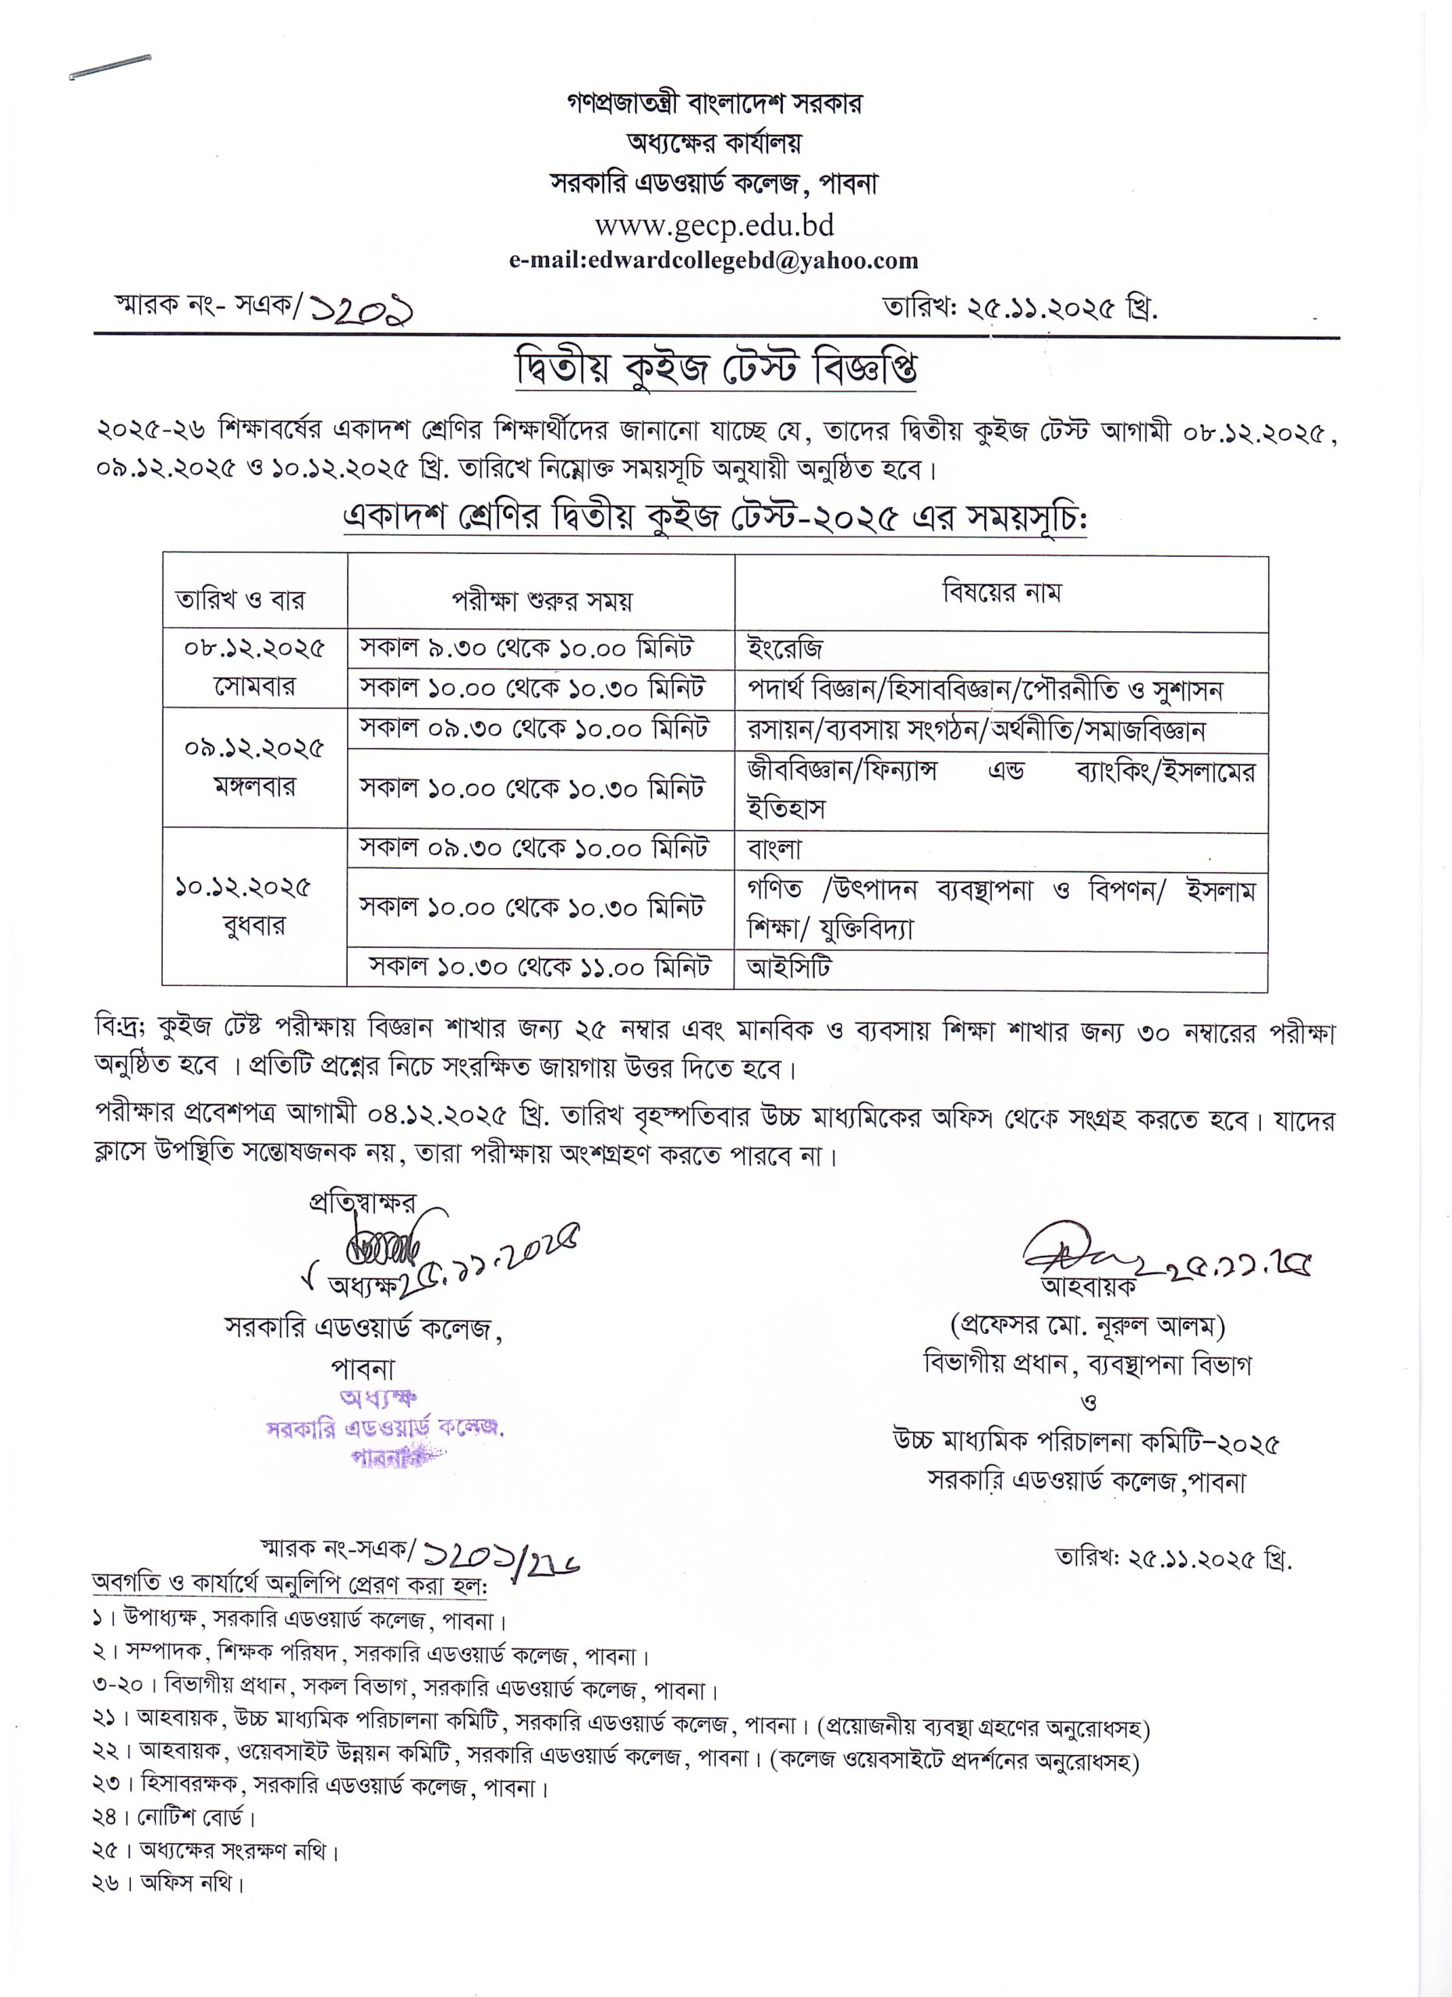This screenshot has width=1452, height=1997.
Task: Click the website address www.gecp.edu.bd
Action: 714,226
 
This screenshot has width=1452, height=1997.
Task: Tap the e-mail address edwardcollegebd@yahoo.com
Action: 714,261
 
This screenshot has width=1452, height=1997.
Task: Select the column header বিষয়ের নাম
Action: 1001,593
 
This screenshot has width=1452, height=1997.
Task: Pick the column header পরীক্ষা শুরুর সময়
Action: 542,601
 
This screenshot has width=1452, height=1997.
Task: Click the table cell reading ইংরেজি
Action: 786,650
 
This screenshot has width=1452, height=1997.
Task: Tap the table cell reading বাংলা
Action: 775,849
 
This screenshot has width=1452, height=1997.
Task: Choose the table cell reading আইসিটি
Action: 789,967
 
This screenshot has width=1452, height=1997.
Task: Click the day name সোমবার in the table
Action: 254,686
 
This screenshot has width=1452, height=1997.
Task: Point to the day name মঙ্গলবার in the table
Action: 254,786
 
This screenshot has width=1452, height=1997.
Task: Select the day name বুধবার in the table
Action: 254,925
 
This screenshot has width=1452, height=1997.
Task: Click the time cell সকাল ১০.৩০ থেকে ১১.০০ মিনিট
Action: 540,967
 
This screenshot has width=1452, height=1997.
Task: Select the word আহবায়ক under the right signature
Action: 1089,1286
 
